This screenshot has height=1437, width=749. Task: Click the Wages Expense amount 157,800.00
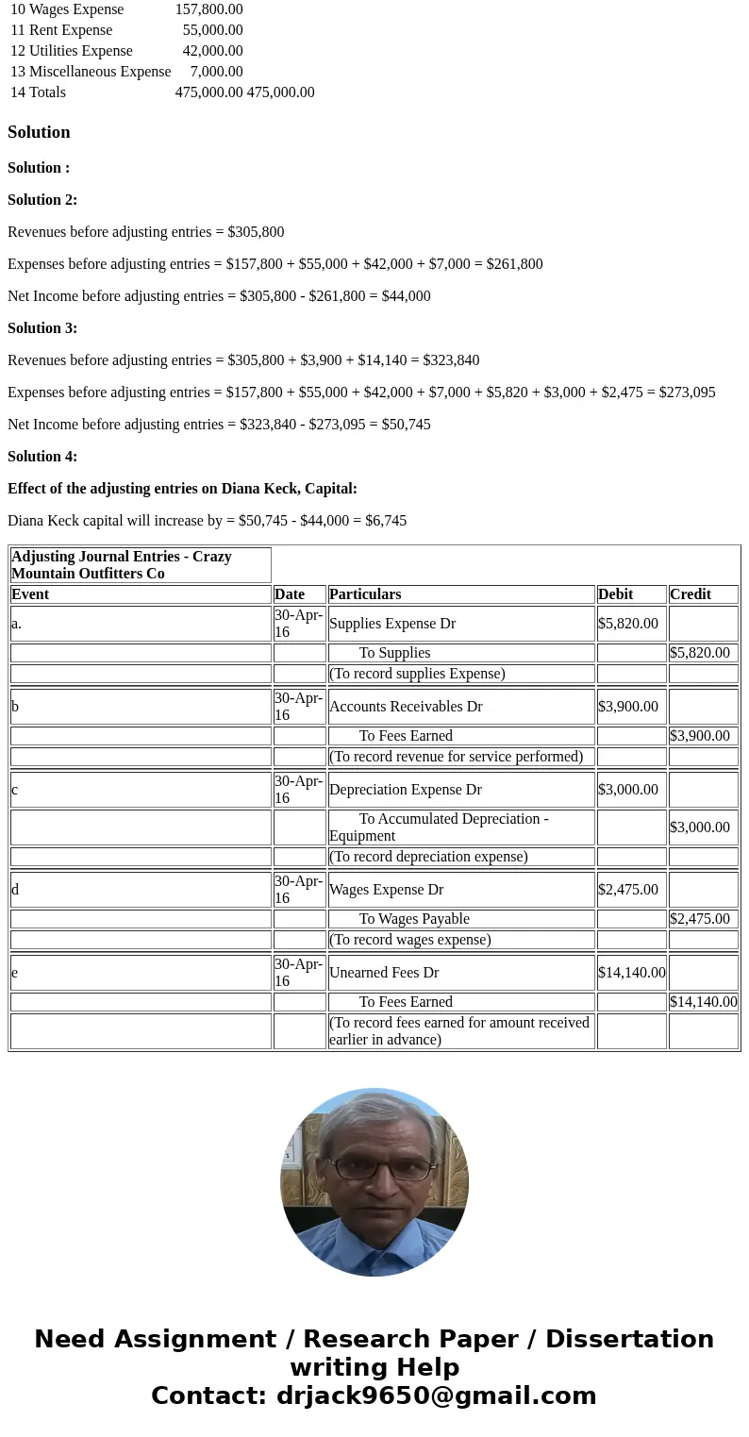[x=208, y=9]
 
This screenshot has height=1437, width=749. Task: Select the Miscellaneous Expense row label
[x=91, y=72]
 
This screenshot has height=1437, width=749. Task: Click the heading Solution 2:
[x=42, y=200]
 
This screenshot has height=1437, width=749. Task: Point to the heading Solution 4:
[x=42, y=457]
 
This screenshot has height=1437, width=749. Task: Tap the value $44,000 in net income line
[x=406, y=296]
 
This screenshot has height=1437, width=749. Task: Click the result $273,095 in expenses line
[x=687, y=393]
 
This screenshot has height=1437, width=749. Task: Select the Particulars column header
[x=365, y=594]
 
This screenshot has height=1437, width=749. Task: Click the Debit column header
[x=616, y=594]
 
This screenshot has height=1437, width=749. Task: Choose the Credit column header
[x=691, y=594]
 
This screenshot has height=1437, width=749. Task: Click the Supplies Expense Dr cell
[x=392, y=624]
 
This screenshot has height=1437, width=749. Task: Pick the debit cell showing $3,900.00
[x=628, y=707]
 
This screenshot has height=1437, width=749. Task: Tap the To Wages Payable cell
[x=414, y=919]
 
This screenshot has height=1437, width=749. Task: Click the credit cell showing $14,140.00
[x=703, y=1002]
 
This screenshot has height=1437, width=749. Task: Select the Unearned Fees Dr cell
[x=384, y=973]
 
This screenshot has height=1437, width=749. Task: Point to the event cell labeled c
[x=15, y=790]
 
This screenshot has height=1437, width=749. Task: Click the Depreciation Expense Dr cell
[x=406, y=790]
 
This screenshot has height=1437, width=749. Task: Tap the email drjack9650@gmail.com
[x=436, y=1396]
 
